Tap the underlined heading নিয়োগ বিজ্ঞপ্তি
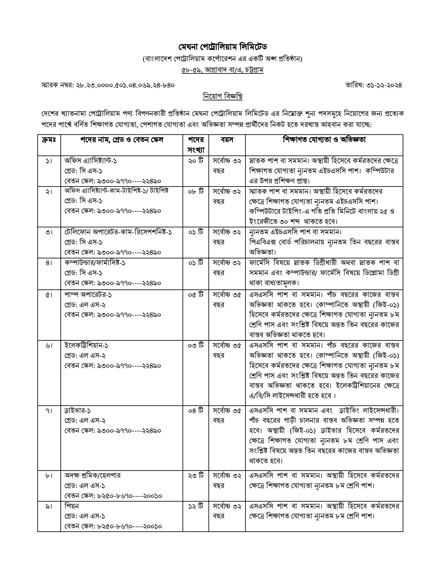pos(222,96)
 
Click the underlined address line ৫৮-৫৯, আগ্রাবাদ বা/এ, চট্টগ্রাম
pos(222,69)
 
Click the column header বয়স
pos(227,140)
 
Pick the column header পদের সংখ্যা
pos(195,145)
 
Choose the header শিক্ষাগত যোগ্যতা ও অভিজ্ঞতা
pos(324,140)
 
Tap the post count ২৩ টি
pos(195,475)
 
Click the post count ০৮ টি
pos(195,191)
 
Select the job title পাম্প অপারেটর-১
pos(88,294)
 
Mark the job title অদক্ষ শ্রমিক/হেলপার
pos(92,475)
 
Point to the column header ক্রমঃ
pos(49,140)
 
